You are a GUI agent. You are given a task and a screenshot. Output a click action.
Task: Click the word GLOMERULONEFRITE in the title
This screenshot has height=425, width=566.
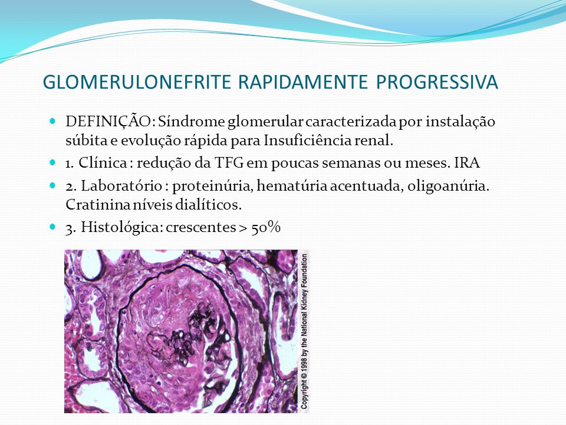[x=137, y=82]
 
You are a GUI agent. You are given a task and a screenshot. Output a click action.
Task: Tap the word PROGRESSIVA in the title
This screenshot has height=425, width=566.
[x=437, y=82]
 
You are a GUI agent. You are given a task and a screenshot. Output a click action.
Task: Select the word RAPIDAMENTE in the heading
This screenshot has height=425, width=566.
[x=303, y=82]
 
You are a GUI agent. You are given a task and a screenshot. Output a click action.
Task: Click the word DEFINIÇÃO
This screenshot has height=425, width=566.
[x=110, y=121]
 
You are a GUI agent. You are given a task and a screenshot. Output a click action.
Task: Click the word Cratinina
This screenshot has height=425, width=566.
[x=98, y=205]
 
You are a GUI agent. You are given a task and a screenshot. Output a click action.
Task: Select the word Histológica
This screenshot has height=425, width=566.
[x=121, y=227]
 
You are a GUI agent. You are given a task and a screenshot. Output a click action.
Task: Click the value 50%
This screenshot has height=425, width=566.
[x=266, y=227]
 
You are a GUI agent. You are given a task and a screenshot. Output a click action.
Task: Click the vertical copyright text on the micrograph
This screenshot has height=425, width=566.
[x=304, y=331]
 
